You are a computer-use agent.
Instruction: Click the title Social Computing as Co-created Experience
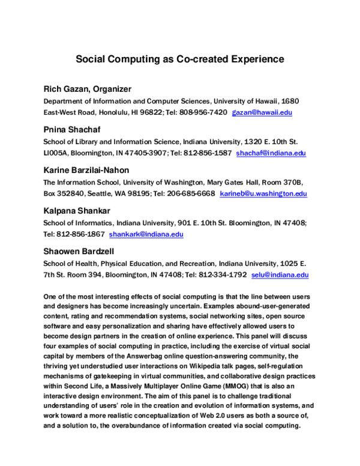(179, 59)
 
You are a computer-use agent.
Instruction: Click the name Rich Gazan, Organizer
(87, 89)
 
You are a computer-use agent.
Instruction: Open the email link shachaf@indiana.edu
(271, 153)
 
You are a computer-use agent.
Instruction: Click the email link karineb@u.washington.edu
(263, 193)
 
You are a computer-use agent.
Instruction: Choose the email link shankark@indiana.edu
(146, 234)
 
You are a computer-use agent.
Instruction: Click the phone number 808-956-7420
(204, 112)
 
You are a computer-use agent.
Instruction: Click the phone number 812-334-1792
(223, 275)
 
